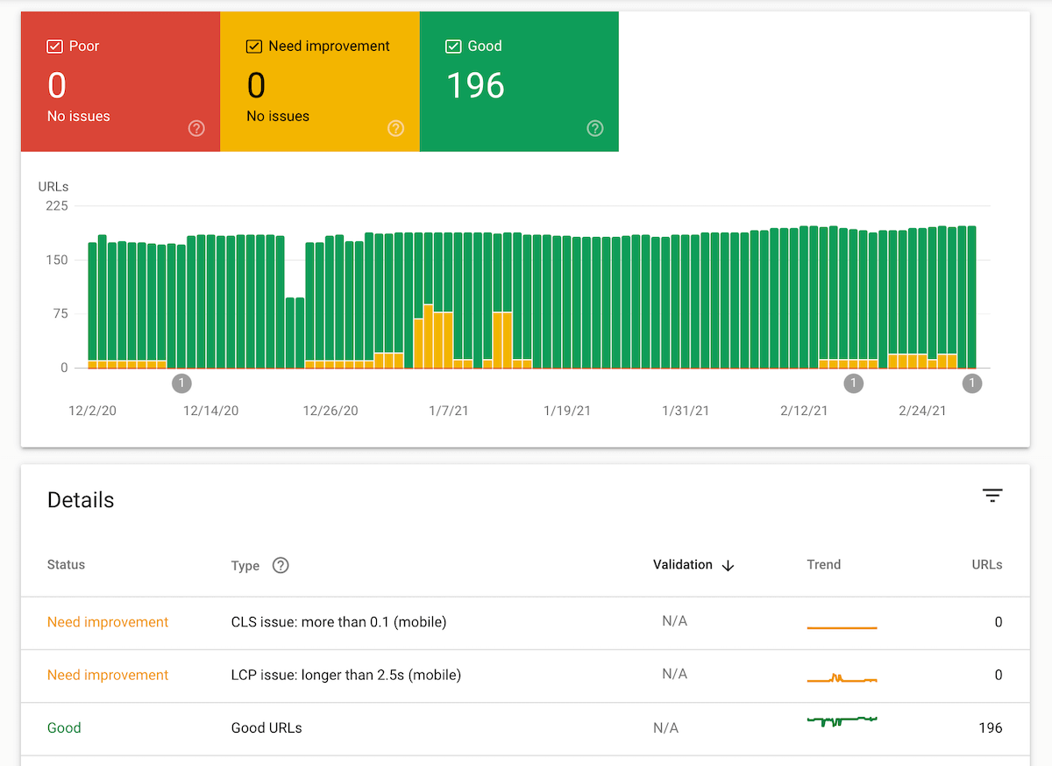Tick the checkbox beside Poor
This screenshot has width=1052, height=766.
[x=54, y=47]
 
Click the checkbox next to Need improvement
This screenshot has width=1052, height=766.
[x=254, y=47]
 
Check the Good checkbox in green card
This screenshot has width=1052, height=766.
[x=453, y=47]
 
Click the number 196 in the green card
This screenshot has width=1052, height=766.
[x=475, y=85]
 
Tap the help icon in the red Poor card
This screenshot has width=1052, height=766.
[x=196, y=128]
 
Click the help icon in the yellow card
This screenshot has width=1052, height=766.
[x=396, y=128]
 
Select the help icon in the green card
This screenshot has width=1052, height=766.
[x=595, y=128]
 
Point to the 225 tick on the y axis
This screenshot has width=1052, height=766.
[x=57, y=206]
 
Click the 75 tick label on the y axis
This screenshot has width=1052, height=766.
[x=60, y=314]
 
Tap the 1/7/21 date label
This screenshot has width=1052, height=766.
[x=448, y=411]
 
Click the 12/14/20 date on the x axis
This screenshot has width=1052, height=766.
[x=210, y=411]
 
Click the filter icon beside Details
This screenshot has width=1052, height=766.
[x=992, y=496]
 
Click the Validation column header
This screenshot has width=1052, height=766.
[x=683, y=565]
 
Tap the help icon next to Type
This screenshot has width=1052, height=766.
[x=281, y=565]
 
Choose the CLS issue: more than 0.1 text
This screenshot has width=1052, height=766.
[x=338, y=622]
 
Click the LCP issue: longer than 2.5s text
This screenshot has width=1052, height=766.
[x=345, y=675]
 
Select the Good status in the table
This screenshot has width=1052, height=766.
[x=64, y=727]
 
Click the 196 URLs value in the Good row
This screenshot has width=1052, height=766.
[x=990, y=727]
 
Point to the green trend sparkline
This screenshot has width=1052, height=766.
[x=842, y=720]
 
